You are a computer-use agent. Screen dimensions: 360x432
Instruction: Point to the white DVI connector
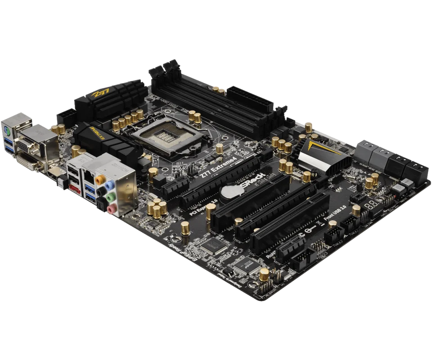click(28, 162)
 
